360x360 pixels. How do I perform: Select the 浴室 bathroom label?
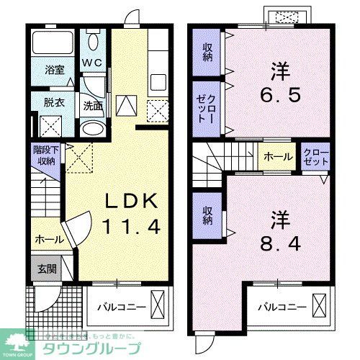[55, 71]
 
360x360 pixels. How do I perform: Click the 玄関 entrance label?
[47, 269]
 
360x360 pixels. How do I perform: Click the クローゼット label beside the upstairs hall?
[316, 158]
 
